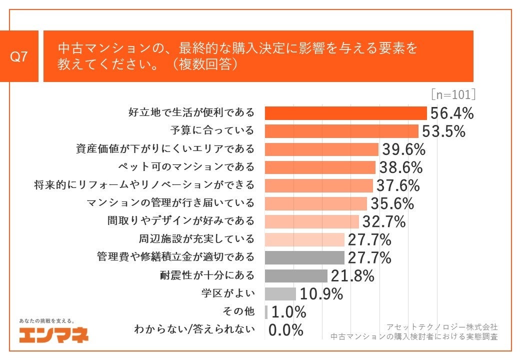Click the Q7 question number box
(19, 56)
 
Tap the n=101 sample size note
(452, 95)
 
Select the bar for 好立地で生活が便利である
(345, 113)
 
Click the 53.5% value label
(443, 131)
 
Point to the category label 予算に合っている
(212, 131)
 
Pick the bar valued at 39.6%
(321, 149)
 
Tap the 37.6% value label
(398, 185)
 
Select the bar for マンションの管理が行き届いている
(315, 203)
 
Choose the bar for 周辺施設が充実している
(304, 239)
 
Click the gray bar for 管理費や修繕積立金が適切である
(304, 257)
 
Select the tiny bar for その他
(266, 312)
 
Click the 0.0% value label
(286, 330)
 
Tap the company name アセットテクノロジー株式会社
(441, 326)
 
